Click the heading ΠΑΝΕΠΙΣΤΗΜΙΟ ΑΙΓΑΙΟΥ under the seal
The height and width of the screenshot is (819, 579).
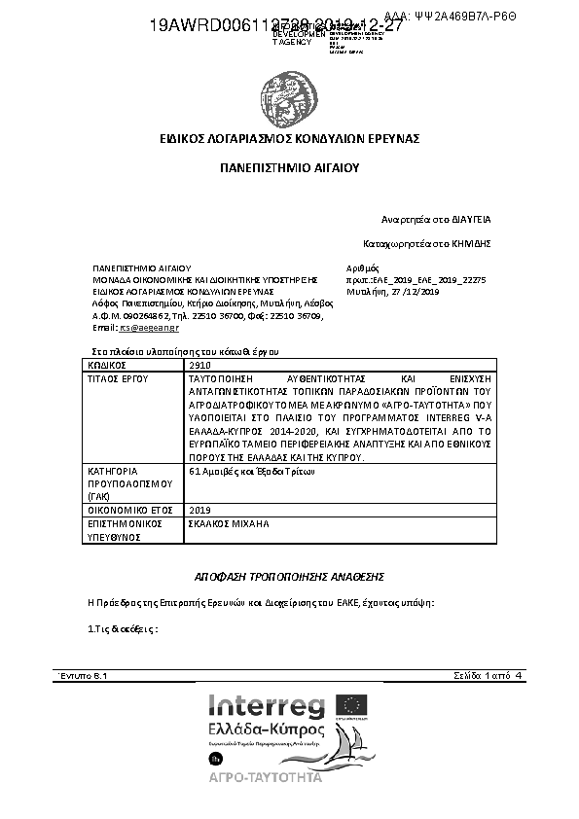[x=289, y=167]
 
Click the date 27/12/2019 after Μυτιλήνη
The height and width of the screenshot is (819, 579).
[x=417, y=291]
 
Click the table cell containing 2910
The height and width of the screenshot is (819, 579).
[x=199, y=364]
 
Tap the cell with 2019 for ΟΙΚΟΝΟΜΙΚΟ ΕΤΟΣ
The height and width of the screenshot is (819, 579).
[x=199, y=509]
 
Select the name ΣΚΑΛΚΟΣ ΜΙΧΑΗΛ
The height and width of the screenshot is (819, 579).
[x=227, y=522]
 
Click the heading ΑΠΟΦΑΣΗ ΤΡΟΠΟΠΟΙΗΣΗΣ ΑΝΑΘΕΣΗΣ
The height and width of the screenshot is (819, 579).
[x=289, y=576]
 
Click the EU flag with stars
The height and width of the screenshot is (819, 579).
[x=352, y=706]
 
